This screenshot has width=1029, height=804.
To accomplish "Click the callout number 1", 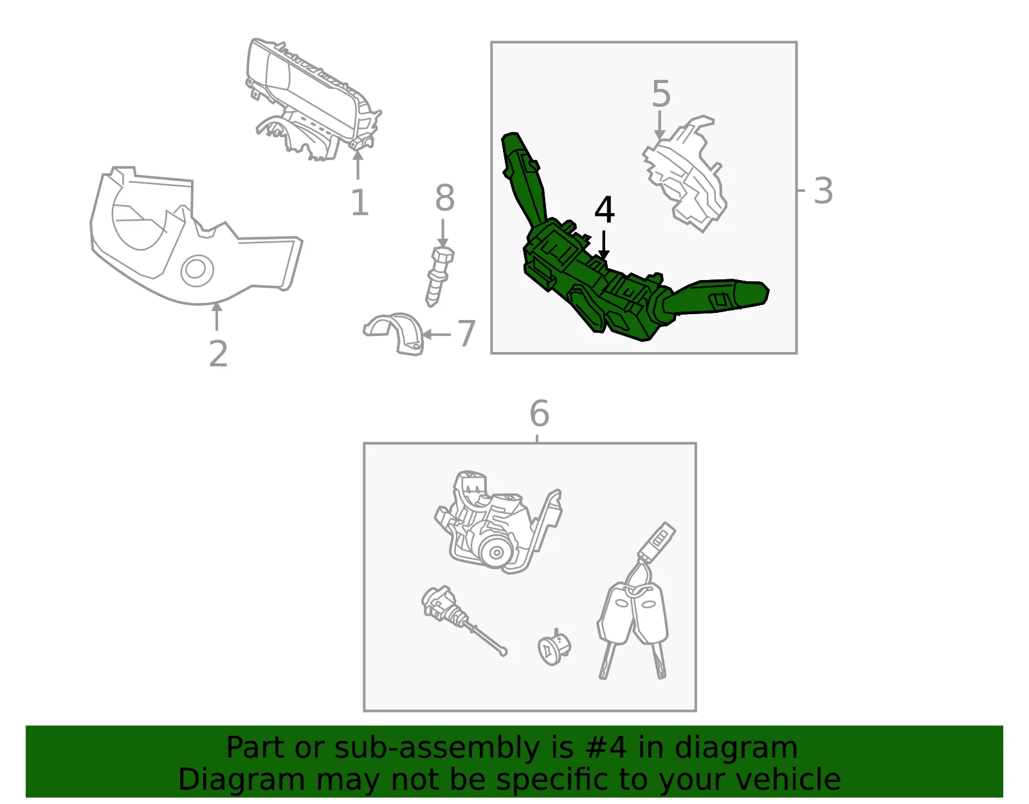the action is point(360,202).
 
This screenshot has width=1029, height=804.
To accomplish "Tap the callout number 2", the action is point(218,353).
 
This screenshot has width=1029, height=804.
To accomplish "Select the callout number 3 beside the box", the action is point(823,191).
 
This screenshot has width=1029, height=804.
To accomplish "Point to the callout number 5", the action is point(661,94).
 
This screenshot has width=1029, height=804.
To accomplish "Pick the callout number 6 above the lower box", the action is point(540,413).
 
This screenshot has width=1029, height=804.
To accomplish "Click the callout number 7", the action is point(466,333).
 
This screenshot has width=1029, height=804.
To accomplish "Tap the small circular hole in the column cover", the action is point(196,270).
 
